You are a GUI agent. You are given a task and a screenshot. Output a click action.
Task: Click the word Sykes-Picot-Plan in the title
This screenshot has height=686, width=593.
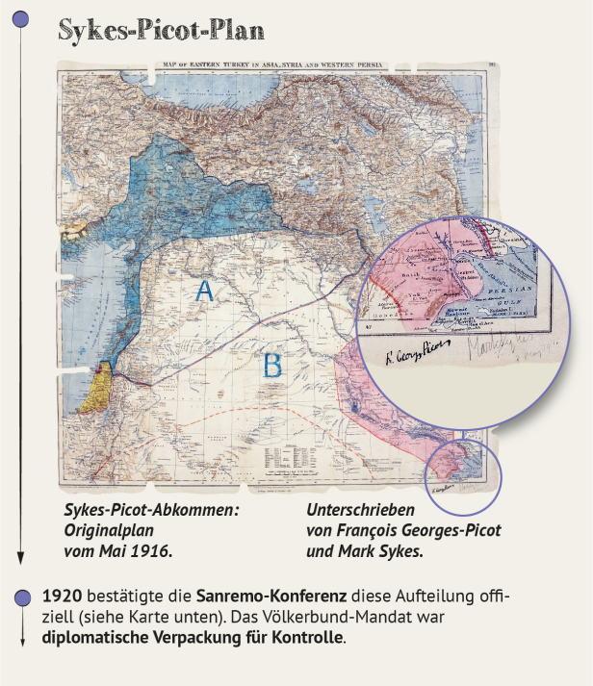pos(161,31)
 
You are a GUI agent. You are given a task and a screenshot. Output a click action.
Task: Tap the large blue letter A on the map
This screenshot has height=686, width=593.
pos(204,292)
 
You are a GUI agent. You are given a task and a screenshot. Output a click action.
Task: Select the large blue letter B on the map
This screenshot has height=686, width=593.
pos(273,366)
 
